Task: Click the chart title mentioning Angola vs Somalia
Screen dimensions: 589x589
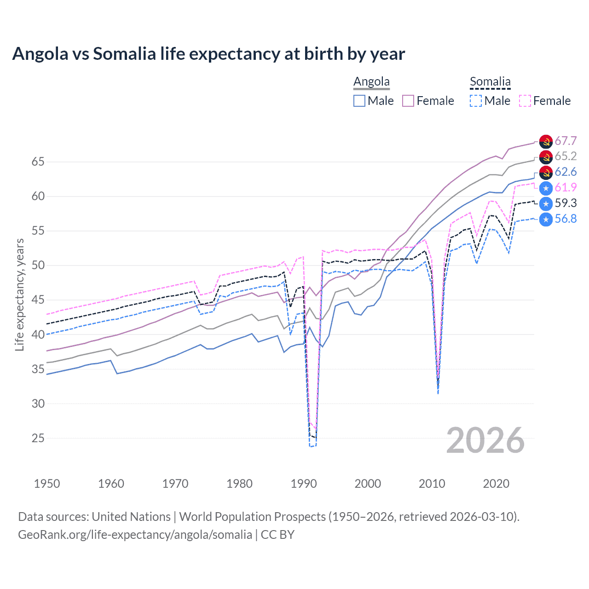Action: click(x=208, y=54)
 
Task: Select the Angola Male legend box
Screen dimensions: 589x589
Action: click(x=359, y=101)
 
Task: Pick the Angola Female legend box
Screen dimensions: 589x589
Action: click(x=408, y=101)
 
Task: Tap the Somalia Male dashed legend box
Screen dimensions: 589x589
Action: click(x=476, y=101)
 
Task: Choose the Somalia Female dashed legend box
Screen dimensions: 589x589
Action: click(x=525, y=101)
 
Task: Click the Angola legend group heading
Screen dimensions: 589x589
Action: click(x=371, y=82)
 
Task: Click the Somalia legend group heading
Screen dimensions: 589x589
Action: click(x=490, y=82)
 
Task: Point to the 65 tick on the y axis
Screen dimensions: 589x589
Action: click(x=38, y=162)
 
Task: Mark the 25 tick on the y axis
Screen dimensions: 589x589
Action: click(x=38, y=438)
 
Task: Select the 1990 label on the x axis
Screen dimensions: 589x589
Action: click(x=304, y=484)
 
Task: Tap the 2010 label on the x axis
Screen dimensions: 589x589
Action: click(x=432, y=484)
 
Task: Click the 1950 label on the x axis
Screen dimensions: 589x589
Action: click(x=47, y=484)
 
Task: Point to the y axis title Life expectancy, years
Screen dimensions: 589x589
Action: click(x=19, y=294)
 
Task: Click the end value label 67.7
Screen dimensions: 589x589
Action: click(x=566, y=141)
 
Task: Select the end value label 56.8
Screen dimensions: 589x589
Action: click(x=566, y=219)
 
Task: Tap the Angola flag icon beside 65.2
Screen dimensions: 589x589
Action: click(x=546, y=157)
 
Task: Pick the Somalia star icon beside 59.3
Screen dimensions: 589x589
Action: click(x=546, y=203)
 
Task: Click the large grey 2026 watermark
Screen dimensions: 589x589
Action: click(x=485, y=440)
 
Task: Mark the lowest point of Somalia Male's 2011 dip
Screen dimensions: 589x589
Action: click(x=438, y=393)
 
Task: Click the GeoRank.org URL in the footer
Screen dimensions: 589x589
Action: click(x=135, y=535)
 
